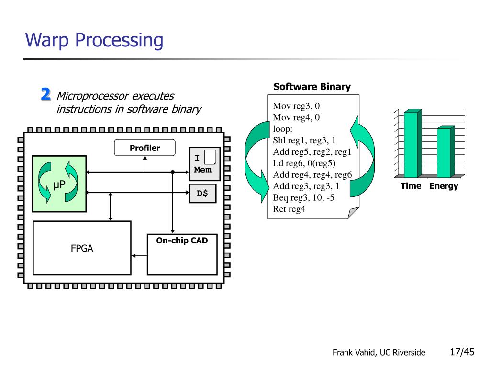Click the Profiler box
(x=145, y=148)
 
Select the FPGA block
(x=82, y=248)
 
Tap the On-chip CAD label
(x=182, y=241)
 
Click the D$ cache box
(x=202, y=194)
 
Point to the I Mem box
(x=204, y=164)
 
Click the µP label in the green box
(x=59, y=184)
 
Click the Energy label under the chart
(x=444, y=186)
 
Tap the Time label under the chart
(x=411, y=186)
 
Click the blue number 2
(x=45, y=94)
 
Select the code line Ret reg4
(x=289, y=209)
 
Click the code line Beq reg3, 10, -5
(x=303, y=197)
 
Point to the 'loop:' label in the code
(x=282, y=129)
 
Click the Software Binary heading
(x=312, y=87)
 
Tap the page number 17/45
(x=462, y=352)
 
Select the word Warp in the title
(x=47, y=40)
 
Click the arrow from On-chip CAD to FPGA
(x=139, y=256)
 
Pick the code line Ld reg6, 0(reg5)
(x=304, y=163)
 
